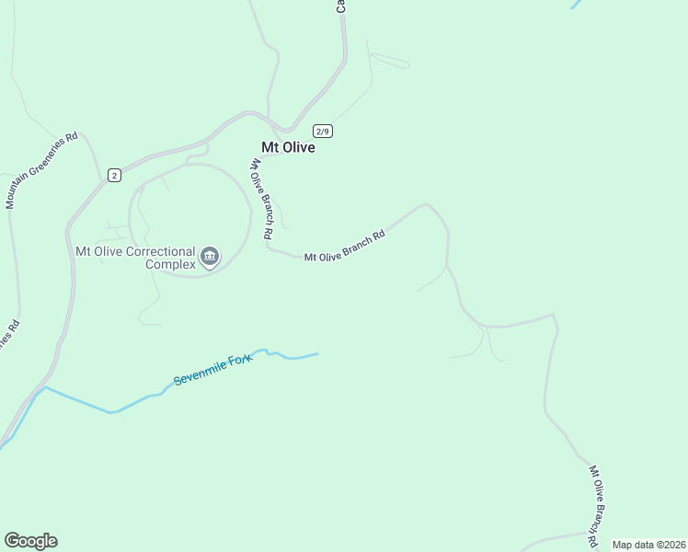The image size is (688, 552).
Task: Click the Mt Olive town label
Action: (x=288, y=147)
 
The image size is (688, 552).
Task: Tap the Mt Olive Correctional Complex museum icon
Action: (x=210, y=256)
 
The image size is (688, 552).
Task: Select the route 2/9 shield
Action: (x=322, y=131)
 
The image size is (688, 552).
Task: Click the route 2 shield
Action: (x=113, y=175)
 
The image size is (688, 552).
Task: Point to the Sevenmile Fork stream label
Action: (x=212, y=368)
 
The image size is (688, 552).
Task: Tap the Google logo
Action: (x=30, y=541)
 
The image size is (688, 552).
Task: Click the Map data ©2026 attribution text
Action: (x=648, y=545)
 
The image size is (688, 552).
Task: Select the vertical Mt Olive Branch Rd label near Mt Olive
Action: (x=262, y=199)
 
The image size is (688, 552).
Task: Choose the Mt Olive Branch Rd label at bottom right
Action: (x=600, y=502)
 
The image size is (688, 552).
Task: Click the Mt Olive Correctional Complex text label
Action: (x=135, y=257)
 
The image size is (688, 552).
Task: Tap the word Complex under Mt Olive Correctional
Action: (x=170, y=264)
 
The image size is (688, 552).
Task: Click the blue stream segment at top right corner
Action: (x=577, y=4)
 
